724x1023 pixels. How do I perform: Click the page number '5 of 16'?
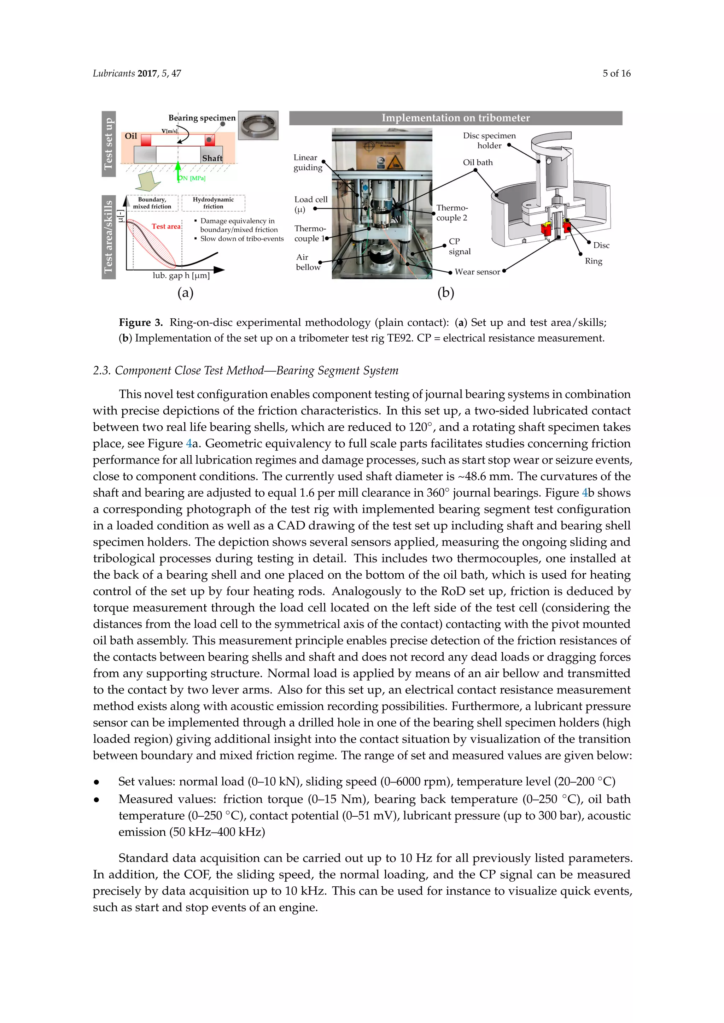pyautogui.click(x=616, y=73)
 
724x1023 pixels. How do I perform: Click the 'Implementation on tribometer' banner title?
pyautogui.click(x=455, y=118)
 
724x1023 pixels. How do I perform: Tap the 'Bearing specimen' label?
pyautogui.click(x=202, y=118)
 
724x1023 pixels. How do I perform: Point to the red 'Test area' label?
pyautogui.click(x=166, y=226)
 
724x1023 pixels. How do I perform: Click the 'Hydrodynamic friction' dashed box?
pyautogui.click(x=213, y=203)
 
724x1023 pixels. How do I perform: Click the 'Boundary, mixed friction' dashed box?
pyautogui.click(x=152, y=203)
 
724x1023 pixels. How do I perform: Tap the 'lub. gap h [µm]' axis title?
pyautogui.click(x=181, y=275)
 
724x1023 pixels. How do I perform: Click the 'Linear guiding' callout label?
pyautogui.click(x=307, y=162)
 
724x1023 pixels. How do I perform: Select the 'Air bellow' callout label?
pyautogui.click(x=308, y=262)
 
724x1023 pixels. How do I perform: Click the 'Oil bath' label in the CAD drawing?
pyautogui.click(x=478, y=162)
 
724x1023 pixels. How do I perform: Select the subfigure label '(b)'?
pyautogui.click(x=445, y=293)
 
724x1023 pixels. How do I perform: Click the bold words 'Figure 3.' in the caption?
pyautogui.click(x=141, y=323)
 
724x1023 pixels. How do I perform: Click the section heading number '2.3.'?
pyautogui.click(x=102, y=371)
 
